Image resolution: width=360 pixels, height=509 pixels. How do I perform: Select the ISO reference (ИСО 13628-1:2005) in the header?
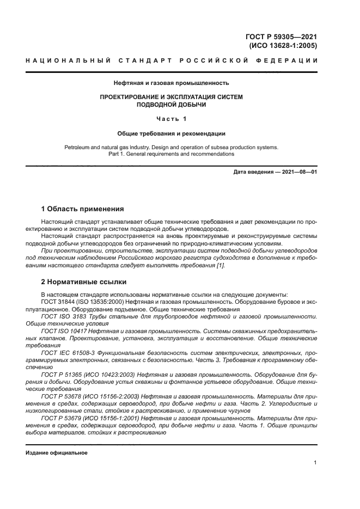click(283, 46)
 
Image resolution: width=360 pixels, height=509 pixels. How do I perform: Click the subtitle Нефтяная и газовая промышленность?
click(171, 83)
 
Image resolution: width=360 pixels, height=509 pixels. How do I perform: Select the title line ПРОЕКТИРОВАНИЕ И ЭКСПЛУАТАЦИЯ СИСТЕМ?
click(171, 97)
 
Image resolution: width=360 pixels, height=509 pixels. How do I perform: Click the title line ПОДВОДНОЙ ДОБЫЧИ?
click(171, 105)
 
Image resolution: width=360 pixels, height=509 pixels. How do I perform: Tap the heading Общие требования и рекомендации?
click(171, 133)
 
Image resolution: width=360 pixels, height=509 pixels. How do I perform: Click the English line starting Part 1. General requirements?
click(171, 154)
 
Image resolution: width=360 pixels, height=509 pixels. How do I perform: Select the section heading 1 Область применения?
click(83, 209)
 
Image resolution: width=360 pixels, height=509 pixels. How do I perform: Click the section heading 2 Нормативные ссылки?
click(84, 282)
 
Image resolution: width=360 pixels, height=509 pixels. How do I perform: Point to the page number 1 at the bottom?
click(315, 463)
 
